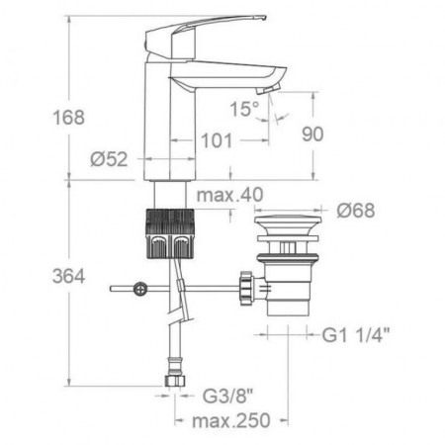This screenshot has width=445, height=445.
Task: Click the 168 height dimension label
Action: point(68,118)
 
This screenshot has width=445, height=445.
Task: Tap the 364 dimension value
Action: point(68,276)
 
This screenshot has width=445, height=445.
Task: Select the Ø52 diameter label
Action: point(109,159)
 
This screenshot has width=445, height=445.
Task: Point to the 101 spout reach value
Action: point(217,140)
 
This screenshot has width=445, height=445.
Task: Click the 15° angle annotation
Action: point(244,109)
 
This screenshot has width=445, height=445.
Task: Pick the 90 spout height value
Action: point(312,134)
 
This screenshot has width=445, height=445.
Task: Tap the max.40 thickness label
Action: point(229,195)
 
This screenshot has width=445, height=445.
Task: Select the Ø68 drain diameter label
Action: point(356,211)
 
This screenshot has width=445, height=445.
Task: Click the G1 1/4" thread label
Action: point(356,335)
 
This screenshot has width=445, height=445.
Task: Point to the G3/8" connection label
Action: point(227,396)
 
